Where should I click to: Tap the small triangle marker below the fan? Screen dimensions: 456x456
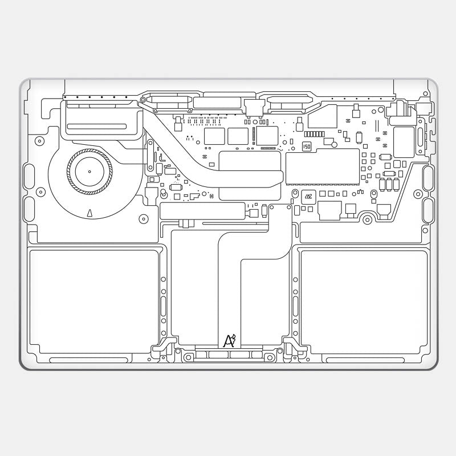point(89,213)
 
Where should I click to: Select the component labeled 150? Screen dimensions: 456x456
point(307,146)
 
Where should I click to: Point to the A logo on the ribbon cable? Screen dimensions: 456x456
point(229,341)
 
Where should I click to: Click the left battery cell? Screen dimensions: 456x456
point(94,300)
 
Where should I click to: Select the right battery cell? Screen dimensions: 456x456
point(364,300)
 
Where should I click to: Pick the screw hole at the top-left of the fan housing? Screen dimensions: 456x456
point(39,140)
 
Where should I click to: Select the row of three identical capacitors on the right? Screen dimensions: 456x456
point(389,184)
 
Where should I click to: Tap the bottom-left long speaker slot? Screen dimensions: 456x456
point(89,360)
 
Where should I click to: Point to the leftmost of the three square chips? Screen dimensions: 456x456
point(214,136)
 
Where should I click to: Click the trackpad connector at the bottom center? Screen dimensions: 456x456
point(229,355)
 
